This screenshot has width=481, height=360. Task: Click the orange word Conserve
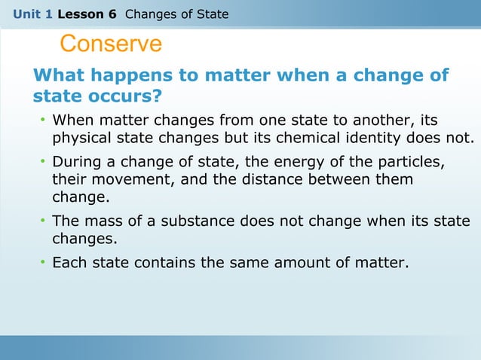click(110, 44)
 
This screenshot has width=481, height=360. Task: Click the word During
click(76, 163)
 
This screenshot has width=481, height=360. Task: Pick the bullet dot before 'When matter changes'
click(44, 121)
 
